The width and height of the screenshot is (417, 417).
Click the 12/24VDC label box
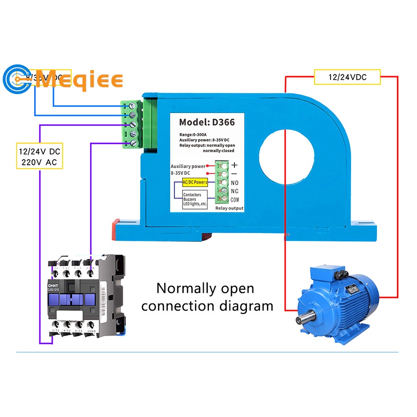[347, 77]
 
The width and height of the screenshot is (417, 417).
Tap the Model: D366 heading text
[207, 122]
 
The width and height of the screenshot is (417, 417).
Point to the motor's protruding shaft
[303, 320]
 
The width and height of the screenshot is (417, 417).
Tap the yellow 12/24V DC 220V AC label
[40, 156]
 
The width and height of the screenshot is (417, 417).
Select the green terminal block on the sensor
[131, 124]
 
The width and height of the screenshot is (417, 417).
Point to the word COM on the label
[235, 200]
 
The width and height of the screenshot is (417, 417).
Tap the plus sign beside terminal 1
[234, 165]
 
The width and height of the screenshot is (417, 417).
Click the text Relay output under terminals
[229, 208]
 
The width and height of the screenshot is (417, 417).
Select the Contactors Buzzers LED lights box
[195, 199]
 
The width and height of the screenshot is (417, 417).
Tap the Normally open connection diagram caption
[207, 297]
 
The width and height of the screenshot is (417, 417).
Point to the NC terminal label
[234, 191]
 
